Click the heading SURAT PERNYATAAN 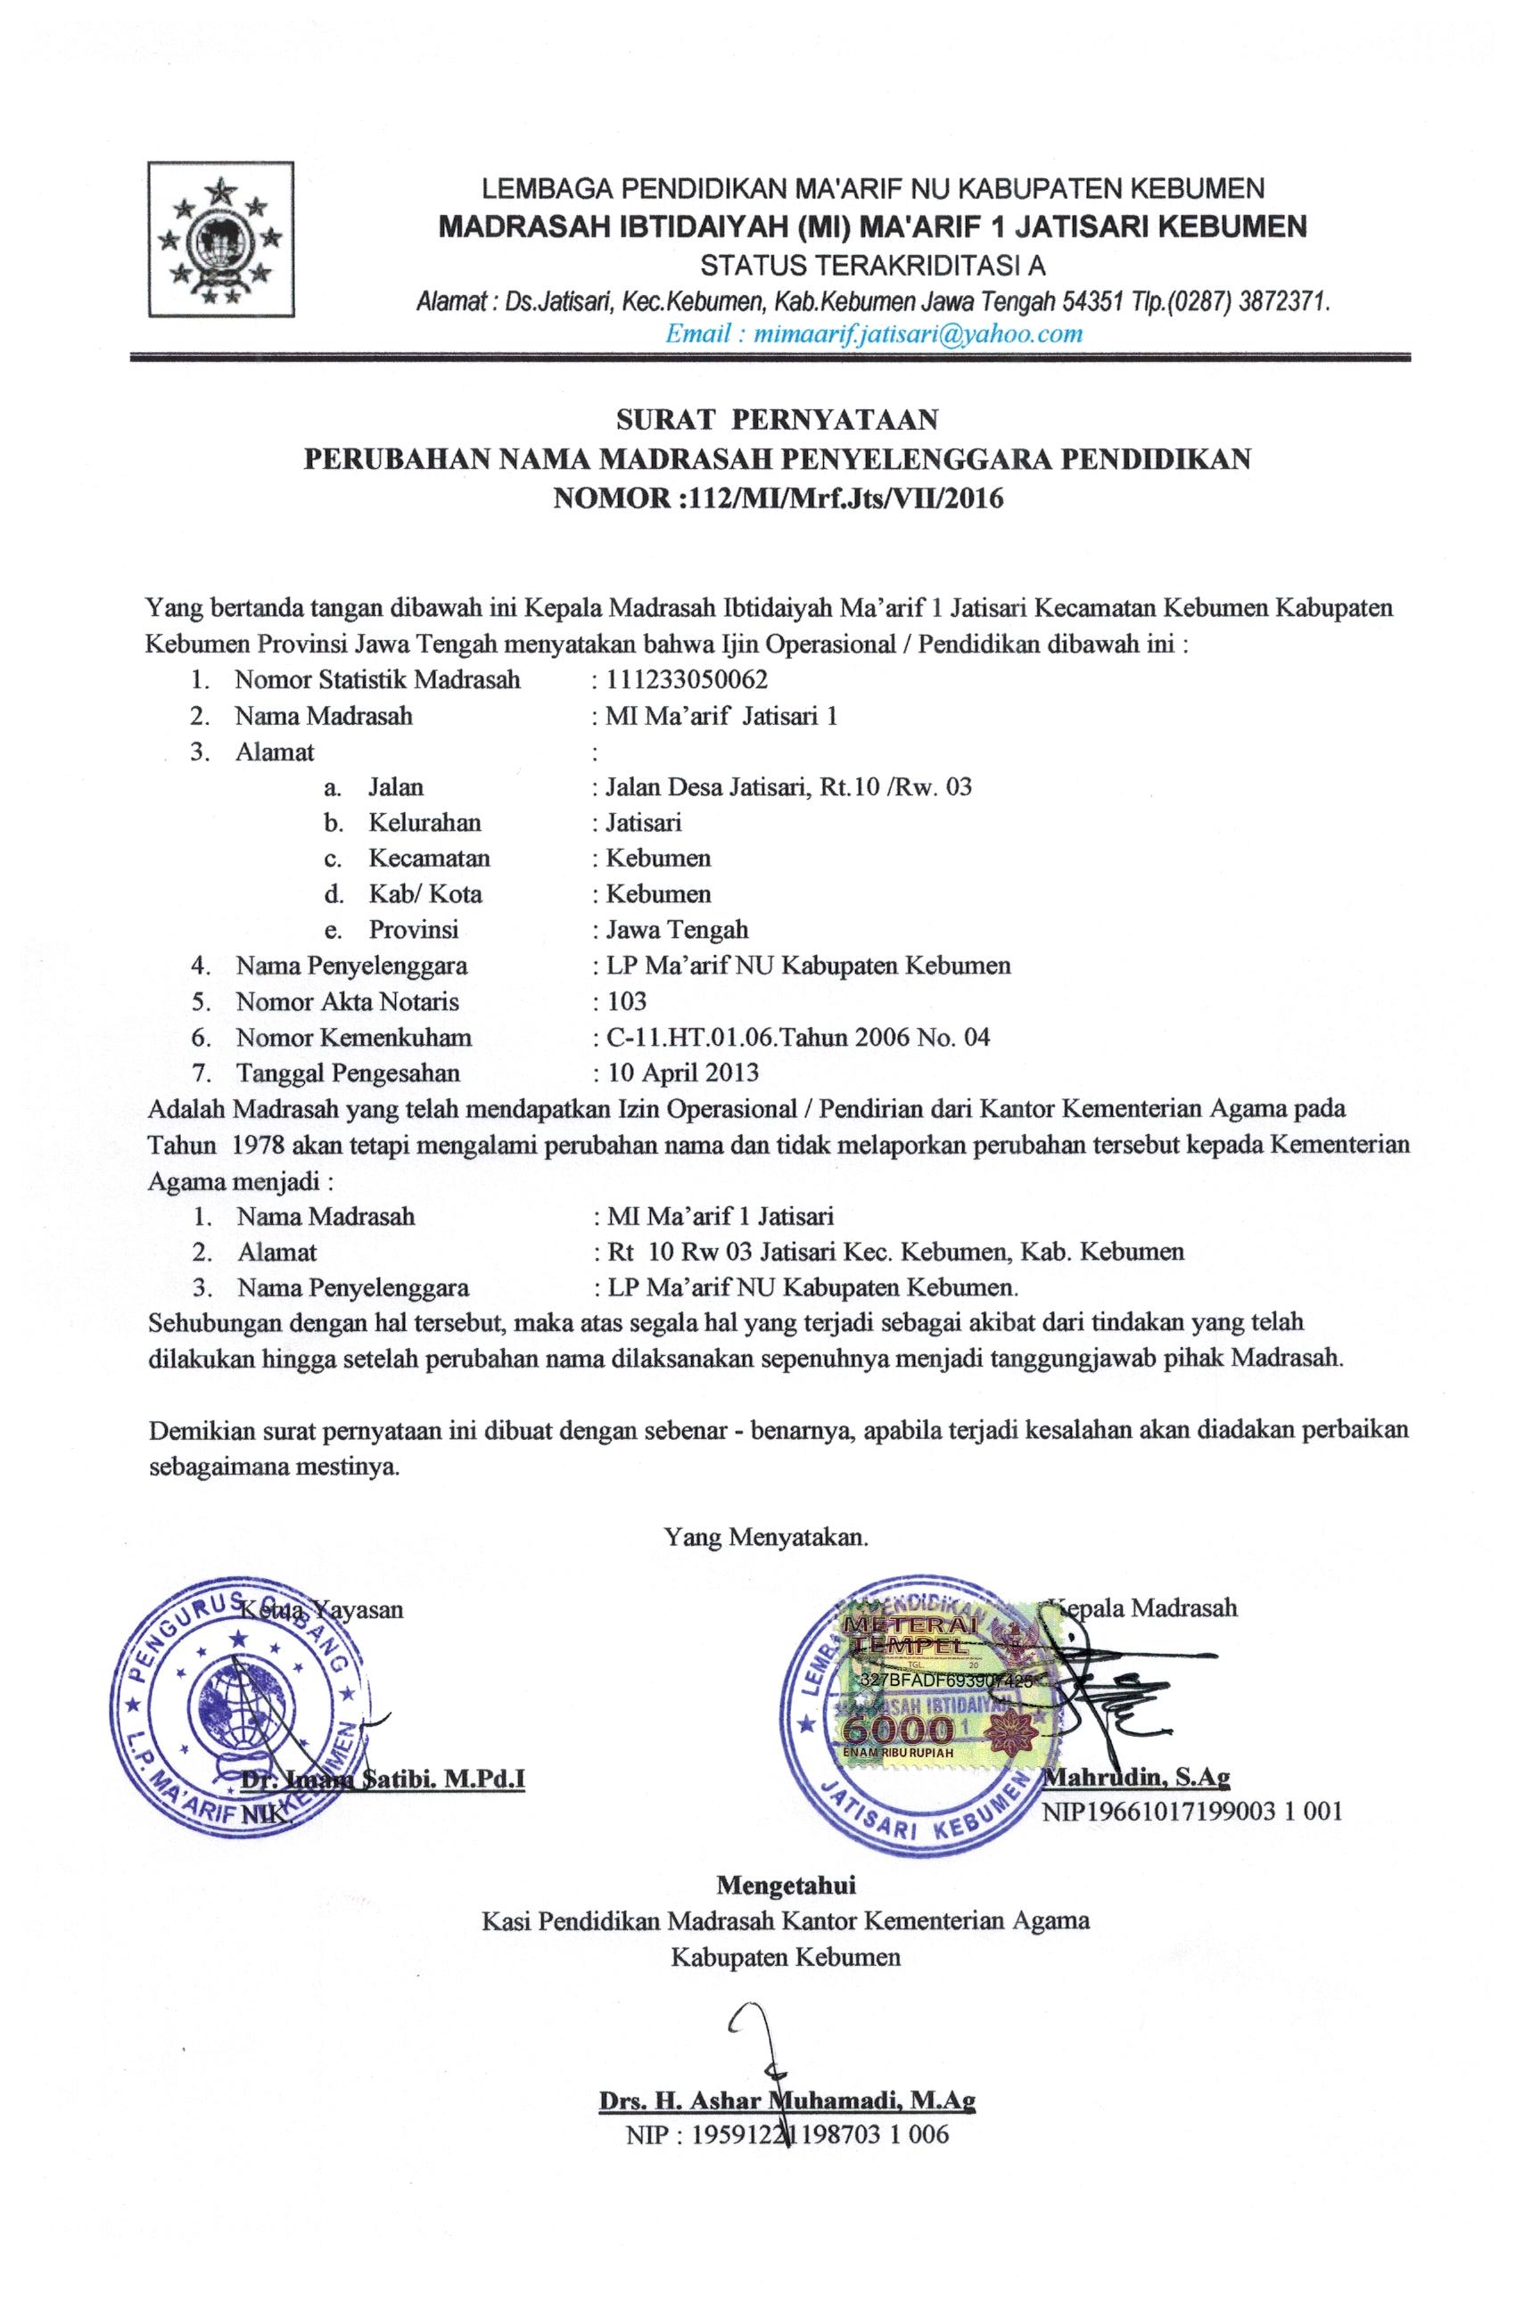(777, 420)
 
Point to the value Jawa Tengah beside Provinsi (677, 929)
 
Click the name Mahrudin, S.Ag (1136, 1778)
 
